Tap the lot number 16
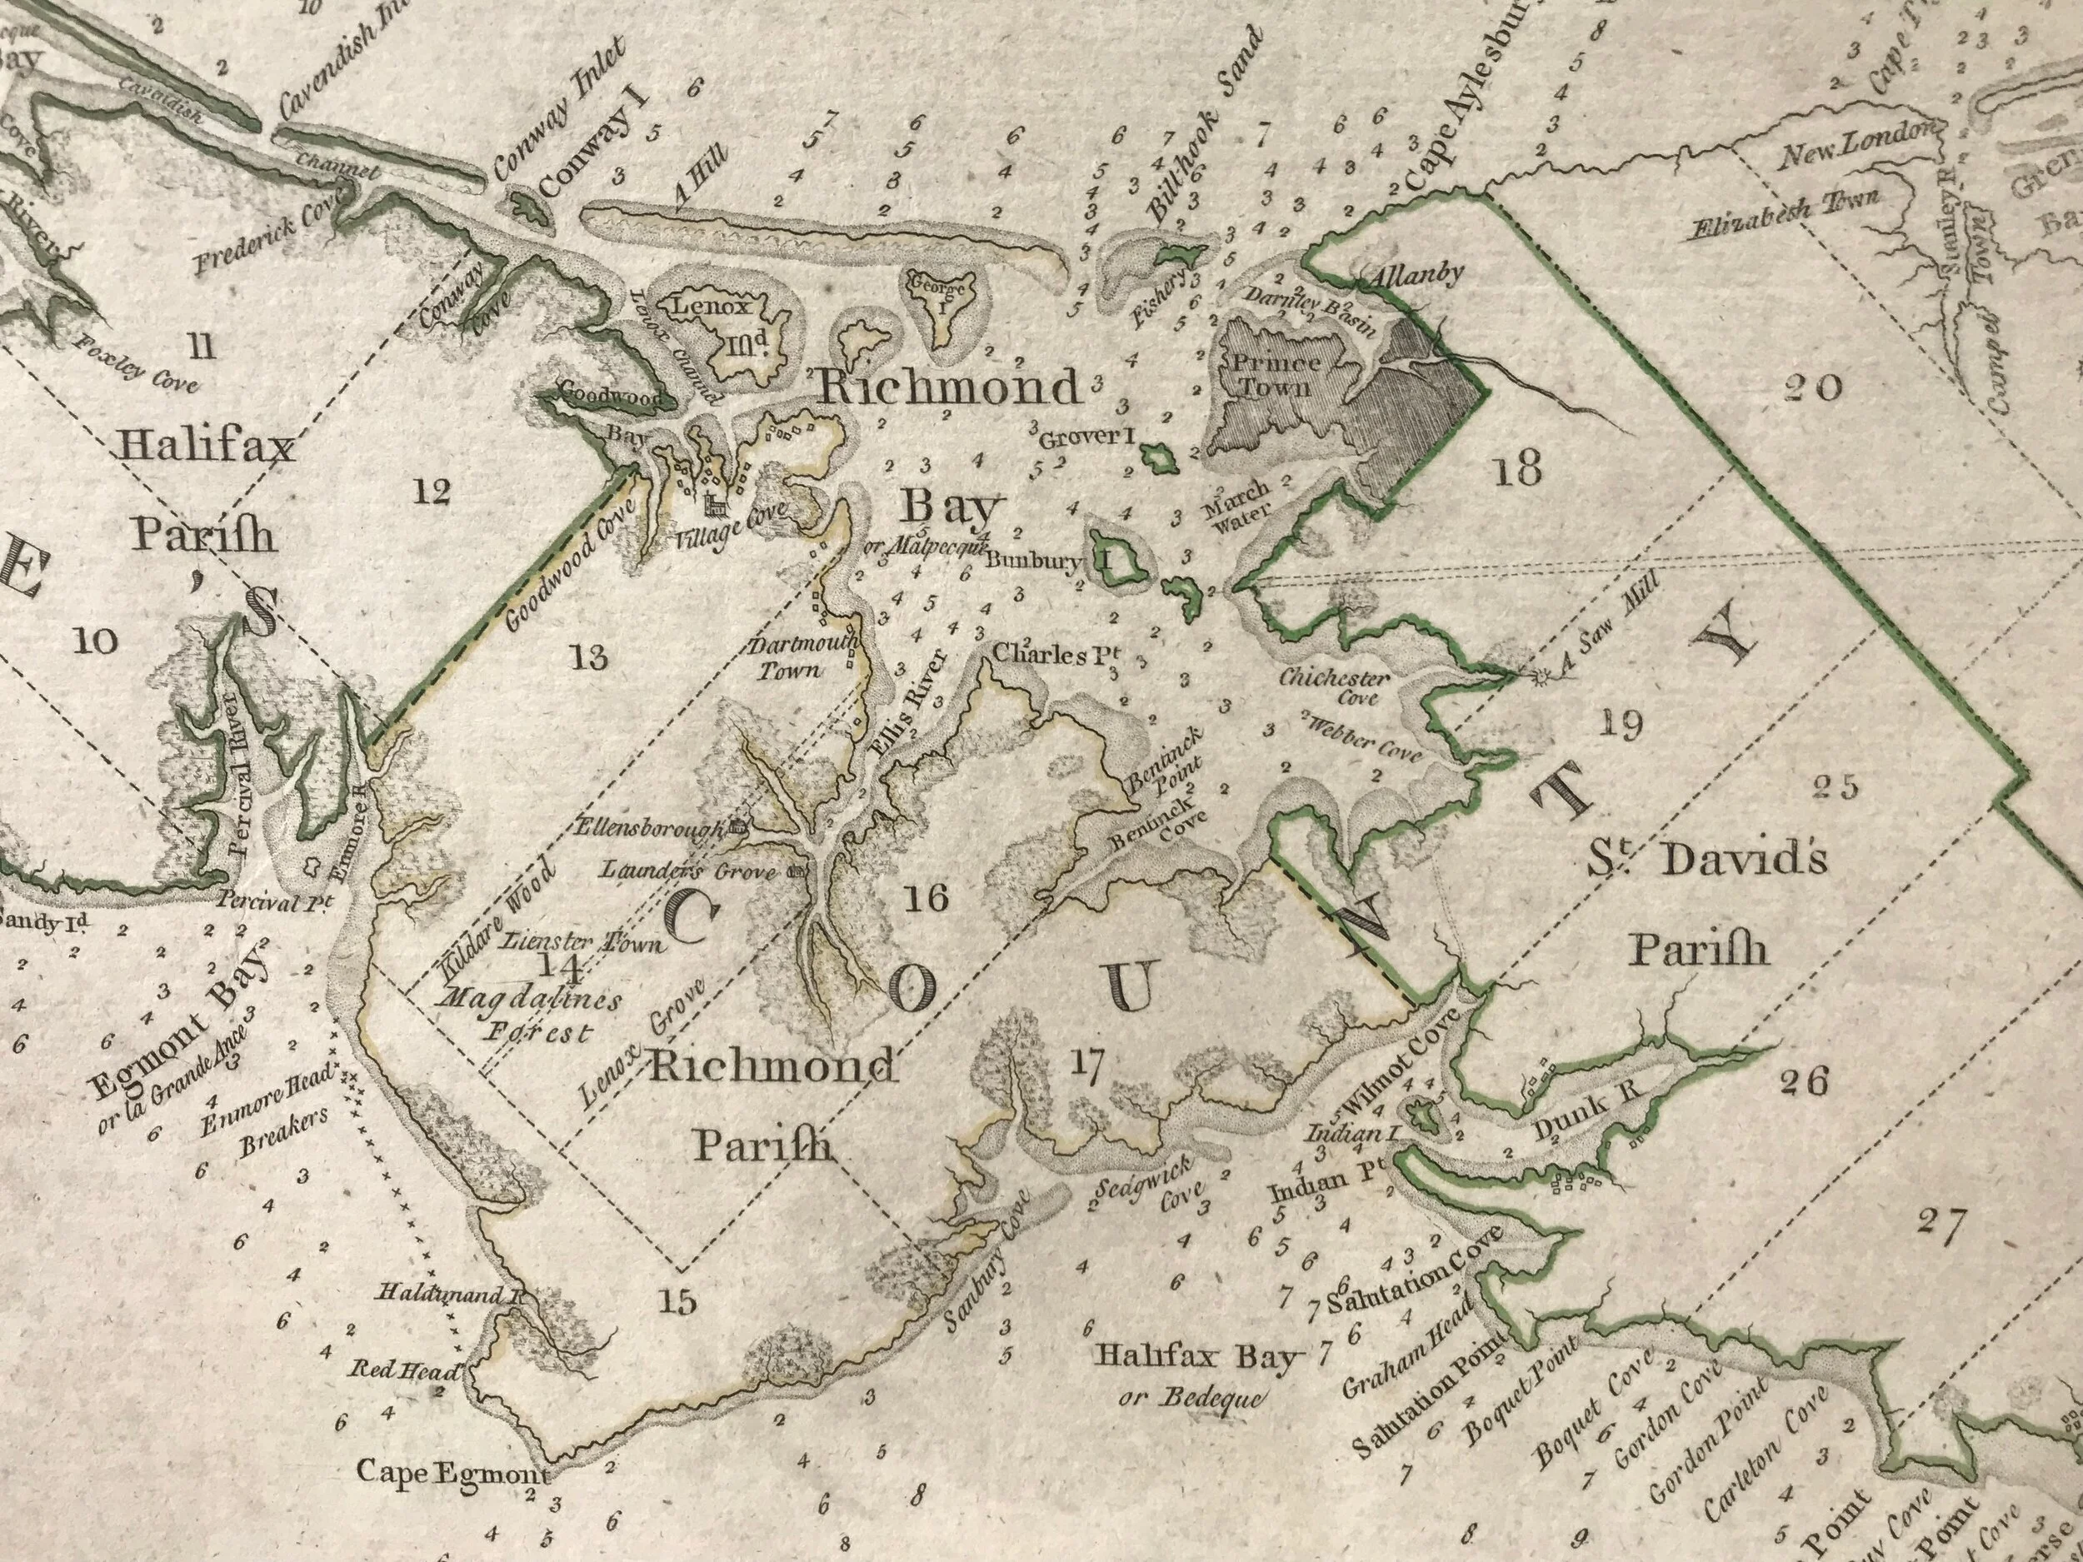coord(926,899)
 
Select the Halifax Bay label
coord(1196,1357)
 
